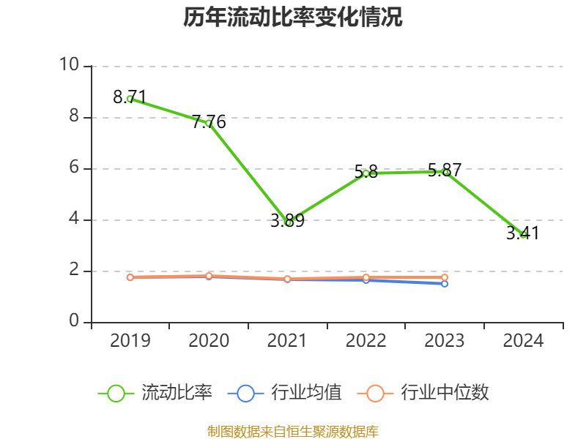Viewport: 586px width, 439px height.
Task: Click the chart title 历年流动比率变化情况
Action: (x=292, y=17)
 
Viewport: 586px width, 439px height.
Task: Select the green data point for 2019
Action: (x=130, y=99)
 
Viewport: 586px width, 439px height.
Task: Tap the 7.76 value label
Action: (x=209, y=121)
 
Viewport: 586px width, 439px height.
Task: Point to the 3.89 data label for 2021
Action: (x=287, y=221)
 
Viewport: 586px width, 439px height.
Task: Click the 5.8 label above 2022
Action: (x=366, y=172)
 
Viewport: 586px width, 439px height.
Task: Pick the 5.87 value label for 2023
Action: (x=445, y=170)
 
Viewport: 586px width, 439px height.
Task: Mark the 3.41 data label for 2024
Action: (x=523, y=233)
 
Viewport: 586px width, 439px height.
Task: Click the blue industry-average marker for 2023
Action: (x=445, y=284)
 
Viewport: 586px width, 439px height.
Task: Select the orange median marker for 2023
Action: (x=445, y=277)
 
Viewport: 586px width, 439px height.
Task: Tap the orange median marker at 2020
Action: (x=209, y=276)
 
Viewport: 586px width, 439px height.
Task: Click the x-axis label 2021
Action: (x=287, y=340)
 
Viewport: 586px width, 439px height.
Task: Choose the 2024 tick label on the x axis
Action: (x=523, y=340)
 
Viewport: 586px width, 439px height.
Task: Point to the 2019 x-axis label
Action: (x=130, y=340)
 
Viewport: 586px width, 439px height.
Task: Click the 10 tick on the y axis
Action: (x=70, y=64)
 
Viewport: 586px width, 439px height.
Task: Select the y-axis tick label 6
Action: (x=75, y=167)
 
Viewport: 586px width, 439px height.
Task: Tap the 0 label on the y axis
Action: (x=75, y=320)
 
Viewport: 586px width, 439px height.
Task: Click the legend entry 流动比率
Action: (x=155, y=393)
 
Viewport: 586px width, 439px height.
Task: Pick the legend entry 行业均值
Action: (x=284, y=393)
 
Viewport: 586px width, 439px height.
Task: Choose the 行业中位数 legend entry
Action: (x=423, y=393)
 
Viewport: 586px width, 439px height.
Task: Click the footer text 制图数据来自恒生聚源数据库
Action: (x=292, y=432)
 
